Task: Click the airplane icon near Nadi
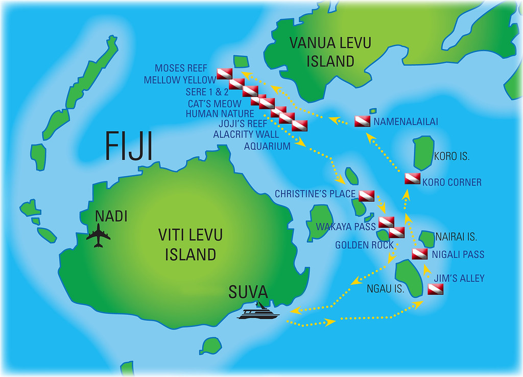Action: click(x=99, y=237)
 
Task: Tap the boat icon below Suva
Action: click(x=258, y=311)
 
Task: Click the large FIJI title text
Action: click(x=129, y=146)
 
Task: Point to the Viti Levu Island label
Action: click(x=190, y=245)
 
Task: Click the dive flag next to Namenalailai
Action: click(x=362, y=122)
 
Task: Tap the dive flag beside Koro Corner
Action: click(x=412, y=179)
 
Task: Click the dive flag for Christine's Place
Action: click(x=366, y=195)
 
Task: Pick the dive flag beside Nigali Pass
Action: click(x=419, y=254)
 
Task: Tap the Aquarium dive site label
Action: click(x=267, y=146)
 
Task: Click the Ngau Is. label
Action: click(x=386, y=289)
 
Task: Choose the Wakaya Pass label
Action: click(x=345, y=226)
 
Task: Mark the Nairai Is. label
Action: click(x=456, y=237)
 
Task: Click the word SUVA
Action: click(x=248, y=292)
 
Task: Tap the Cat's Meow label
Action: click(x=215, y=104)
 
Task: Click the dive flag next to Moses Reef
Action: click(x=224, y=74)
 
